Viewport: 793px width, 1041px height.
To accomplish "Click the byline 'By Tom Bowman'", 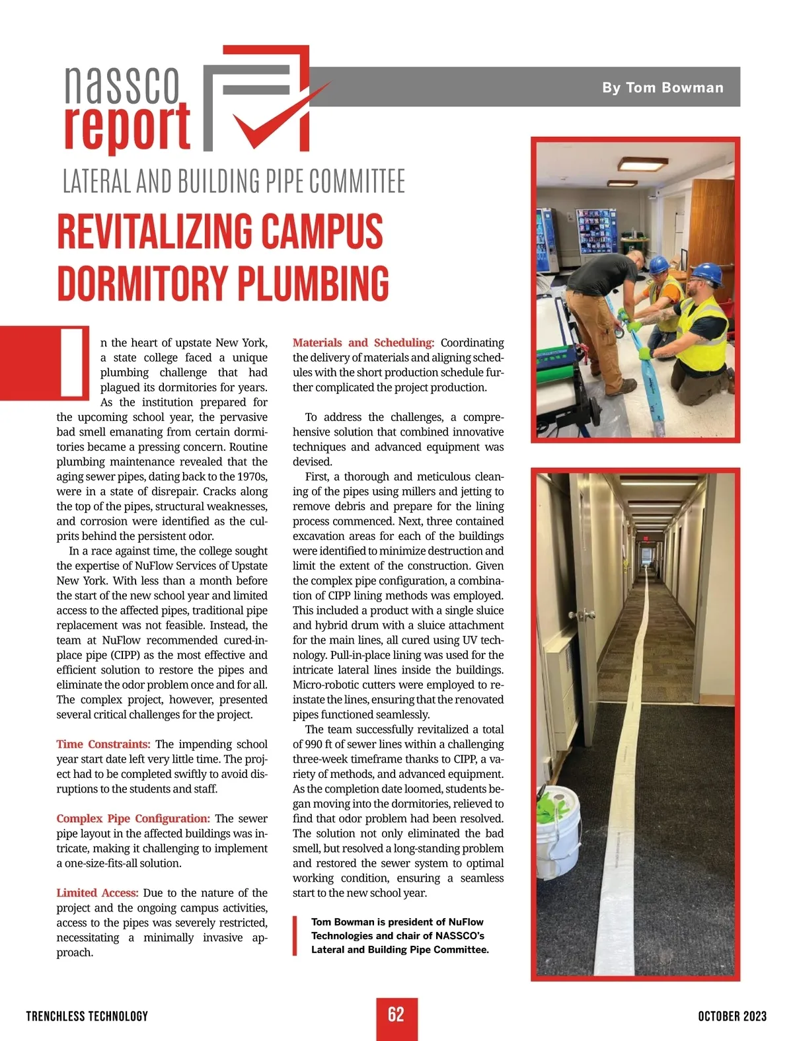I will click(x=662, y=87).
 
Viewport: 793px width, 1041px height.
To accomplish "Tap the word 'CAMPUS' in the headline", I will click(x=322, y=232).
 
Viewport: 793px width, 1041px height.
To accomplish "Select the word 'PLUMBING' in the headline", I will click(x=313, y=284).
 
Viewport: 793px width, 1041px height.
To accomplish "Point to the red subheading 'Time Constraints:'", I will click(x=103, y=744).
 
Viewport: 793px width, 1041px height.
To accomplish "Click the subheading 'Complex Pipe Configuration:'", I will click(x=133, y=818).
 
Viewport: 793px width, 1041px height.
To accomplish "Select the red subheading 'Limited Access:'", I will click(x=97, y=893).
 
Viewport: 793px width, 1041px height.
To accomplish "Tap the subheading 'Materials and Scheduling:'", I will click(x=363, y=342).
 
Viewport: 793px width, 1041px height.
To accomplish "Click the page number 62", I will click(x=397, y=1015).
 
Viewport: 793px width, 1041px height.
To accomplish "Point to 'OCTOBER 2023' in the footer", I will click(x=732, y=1016).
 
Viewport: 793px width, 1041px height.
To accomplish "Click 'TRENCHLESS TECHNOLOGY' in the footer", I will click(x=87, y=1016).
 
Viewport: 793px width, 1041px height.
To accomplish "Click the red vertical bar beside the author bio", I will click(x=295, y=935).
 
